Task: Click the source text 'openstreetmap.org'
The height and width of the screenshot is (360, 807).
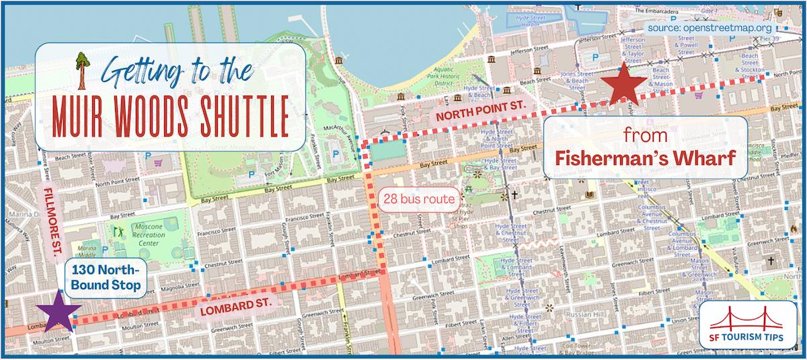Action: (x=730, y=29)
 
